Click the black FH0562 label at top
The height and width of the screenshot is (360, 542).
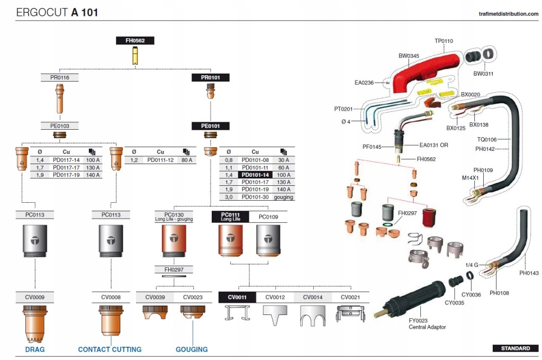(x=135, y=40)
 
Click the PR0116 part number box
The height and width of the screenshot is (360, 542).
(x=60, y=77)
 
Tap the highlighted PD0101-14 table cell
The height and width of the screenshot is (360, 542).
(x=255, y=175)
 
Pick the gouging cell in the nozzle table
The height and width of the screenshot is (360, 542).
(x=283, y=197)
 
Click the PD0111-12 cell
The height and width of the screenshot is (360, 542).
(x=160, y=160)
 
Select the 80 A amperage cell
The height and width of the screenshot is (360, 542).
(x=186, y=160)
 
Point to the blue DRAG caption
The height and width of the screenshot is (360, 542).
(x=35, y=349)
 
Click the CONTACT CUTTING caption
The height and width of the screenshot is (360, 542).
(x=110, y=349)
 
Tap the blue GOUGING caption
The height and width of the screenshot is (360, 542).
(x=192, y=349)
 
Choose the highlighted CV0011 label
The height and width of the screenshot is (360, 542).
(x=237, y=297)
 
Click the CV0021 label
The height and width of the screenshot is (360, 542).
(x=350, y=297)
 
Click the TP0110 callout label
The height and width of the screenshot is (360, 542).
(x=444, y=41)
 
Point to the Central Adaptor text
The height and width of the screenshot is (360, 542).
(x=427, y=327)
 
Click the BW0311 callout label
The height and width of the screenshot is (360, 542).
(x=483, y=74)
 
